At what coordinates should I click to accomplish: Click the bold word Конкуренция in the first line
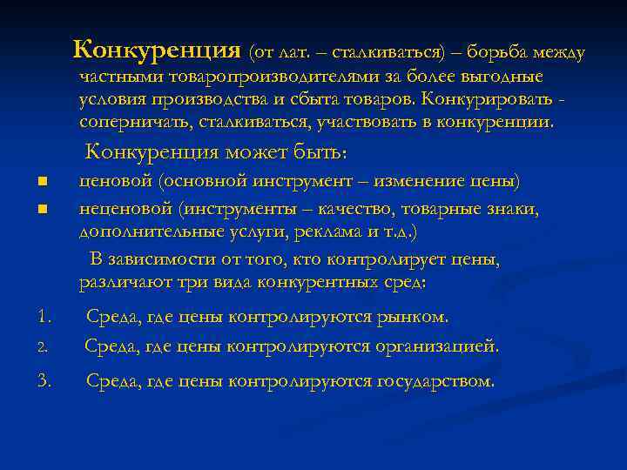[157, 50]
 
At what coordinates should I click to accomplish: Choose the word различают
[119, 282]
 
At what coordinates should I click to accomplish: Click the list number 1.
[45, 315]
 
